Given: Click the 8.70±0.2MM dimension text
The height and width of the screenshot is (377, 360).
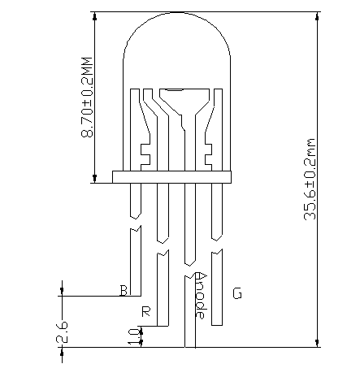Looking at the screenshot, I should tap(87, 96).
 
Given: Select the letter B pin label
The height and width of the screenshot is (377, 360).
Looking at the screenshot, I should tap(124, 291).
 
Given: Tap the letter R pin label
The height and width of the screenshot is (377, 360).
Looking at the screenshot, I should tap(146, 311).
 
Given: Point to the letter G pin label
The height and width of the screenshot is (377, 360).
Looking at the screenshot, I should tap(237, 292).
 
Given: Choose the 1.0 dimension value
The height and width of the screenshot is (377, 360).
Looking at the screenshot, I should tap(132, 336).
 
